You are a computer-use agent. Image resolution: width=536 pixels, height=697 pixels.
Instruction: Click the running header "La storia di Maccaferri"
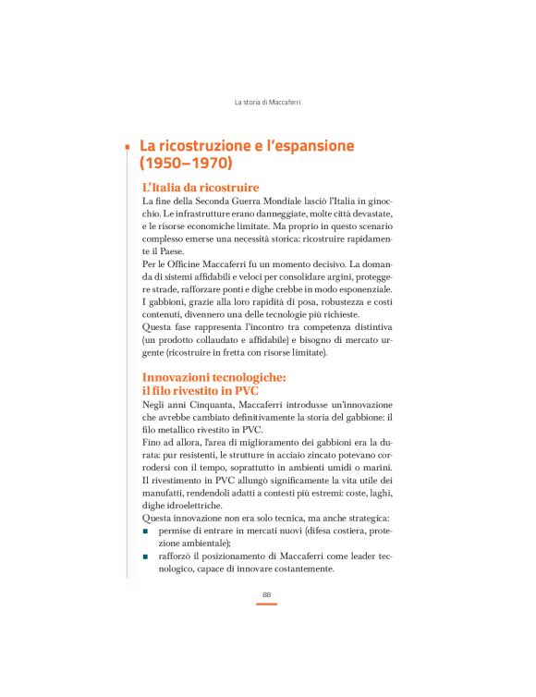(267, 102)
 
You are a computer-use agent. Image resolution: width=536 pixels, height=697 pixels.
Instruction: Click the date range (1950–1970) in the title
(187, 165)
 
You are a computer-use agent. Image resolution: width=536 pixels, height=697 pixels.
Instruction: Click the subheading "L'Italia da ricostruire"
(201, 188)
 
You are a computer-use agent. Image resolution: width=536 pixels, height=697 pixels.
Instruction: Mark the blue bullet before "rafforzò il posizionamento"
(146, 556)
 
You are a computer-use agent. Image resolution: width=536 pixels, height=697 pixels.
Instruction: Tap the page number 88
(267, 593)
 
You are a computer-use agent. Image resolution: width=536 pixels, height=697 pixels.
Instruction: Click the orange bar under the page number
(267, 604)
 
